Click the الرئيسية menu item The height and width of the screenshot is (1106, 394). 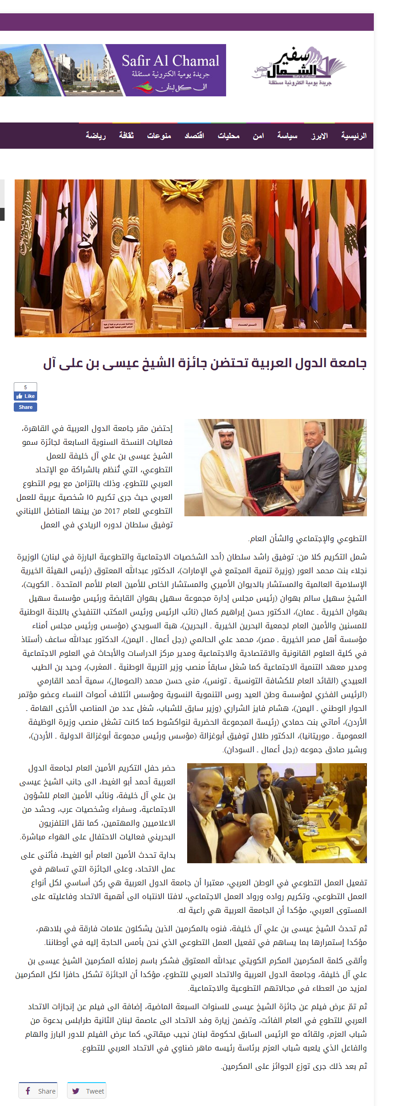[354, 136]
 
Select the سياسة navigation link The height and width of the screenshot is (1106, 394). [287, 136]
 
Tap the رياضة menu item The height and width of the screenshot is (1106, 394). [95, 136]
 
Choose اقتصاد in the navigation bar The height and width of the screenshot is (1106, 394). [194, 136]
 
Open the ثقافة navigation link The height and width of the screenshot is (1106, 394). [126, 136]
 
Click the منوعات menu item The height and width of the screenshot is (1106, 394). [159, 136]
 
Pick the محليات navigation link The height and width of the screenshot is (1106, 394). [228, 136]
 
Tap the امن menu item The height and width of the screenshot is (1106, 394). [258, 136]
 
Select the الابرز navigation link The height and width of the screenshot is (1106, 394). [319, 136]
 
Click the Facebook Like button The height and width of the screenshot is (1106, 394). [25, 396]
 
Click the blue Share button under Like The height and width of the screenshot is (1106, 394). [25, 407]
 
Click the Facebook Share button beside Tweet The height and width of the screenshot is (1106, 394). [38, 1090]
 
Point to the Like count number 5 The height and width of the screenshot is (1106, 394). [25, 387]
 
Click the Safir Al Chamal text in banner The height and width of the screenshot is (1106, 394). [170, 61]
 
